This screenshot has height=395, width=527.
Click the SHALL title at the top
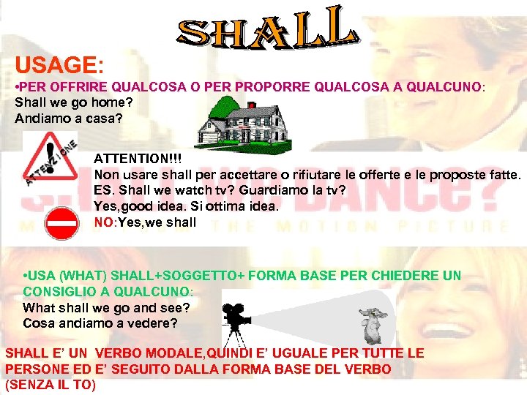click(267, 30)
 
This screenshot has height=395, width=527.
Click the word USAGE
click(56, 66)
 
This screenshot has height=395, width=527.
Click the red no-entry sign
click(61, 223)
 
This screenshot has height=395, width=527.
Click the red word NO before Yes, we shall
click(103, 222)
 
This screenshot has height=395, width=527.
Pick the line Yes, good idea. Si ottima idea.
click(187, 206)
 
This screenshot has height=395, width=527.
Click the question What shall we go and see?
click(106, 308)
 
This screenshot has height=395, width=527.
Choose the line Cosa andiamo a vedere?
click(100, 323)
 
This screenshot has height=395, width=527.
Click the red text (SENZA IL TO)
click(51, 384)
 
